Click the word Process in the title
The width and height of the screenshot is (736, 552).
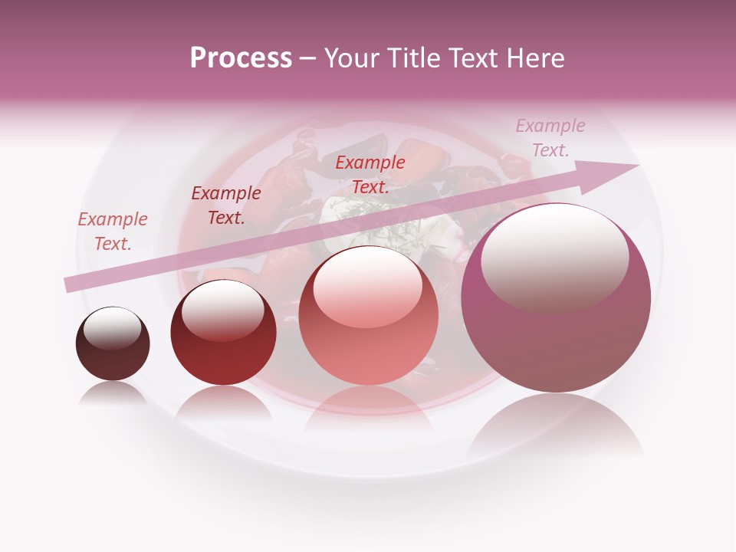(x=241, y=58)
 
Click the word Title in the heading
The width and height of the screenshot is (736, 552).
(x=416, y=58)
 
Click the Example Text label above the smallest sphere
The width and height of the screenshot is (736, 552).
(x=113, y=232)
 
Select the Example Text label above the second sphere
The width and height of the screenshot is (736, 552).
(x=226, y=205)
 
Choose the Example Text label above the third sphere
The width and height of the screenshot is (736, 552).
(x=370, y=175)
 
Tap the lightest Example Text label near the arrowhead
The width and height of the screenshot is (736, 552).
(x=550, y=138)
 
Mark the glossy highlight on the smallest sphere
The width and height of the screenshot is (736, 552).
(x=113, y=328)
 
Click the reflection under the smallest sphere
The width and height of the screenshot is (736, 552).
(x=113, y=394)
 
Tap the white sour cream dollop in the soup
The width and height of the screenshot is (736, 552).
(x=337, y=222)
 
